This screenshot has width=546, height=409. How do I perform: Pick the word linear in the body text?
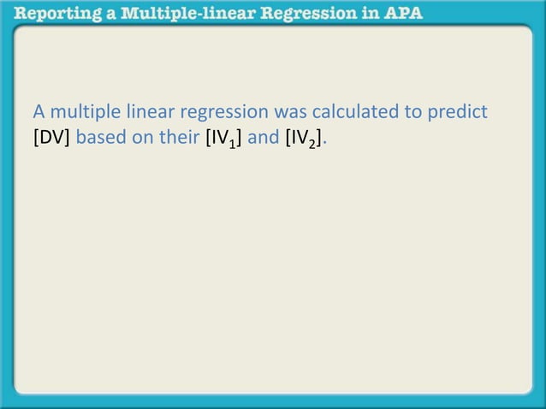pyautogui.click(x=148, y=112)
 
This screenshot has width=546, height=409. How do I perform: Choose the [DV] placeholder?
pyautogui.click(x=52, y=137)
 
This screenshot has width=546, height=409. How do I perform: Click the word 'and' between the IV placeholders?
pyautogui.click(x=263, y=137)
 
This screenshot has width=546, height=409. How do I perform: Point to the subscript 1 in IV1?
pyautogui.click(x=232, y=142)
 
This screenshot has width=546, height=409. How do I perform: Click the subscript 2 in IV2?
pyautogui.click(x=313, y=142)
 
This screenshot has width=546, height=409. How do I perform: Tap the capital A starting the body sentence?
pyautogui.click(x=39, y=112)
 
